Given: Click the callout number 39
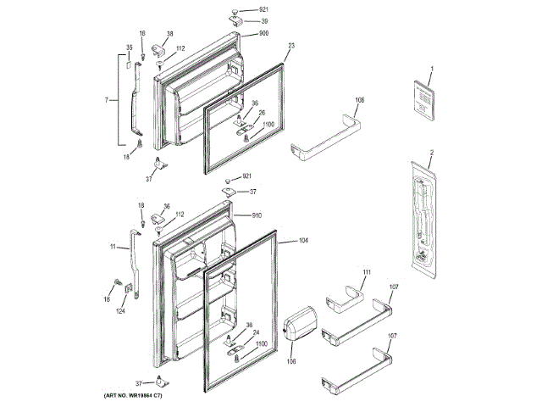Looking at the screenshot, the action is click(x=264, y=21).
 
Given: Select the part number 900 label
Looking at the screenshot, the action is click(x=264, y=33).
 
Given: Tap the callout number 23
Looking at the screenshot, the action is click(x=290, y=47).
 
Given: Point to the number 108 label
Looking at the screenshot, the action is click(x=360, y=100).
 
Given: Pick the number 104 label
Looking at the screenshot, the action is click(x=303, y=242).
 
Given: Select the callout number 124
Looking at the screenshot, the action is click(x=121, y=312).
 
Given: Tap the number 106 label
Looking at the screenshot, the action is click(x=290, y=363).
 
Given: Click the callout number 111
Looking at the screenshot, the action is click(x=367, y=271).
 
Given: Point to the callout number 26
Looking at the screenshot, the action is click(x=262, y=113).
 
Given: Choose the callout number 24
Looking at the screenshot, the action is click(x=255, y=332).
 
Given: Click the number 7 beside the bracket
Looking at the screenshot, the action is click(x=107, y=100).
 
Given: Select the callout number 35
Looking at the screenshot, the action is click(x=130, y=47).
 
